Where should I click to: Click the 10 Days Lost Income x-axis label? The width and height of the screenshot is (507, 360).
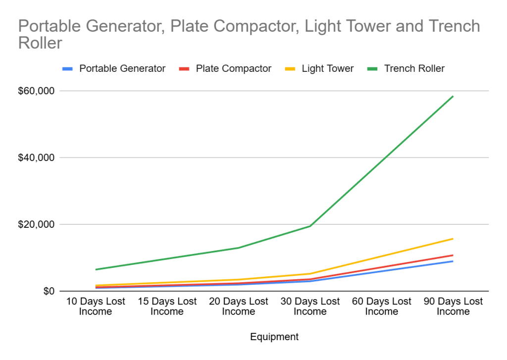click(x=95, y=307)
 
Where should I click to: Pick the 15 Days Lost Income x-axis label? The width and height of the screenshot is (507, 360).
click(x=167, y=307)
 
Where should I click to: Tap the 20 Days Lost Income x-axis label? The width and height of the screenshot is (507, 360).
click(x=238, y=307)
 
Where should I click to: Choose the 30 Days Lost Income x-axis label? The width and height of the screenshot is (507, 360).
click(x=310, y=307)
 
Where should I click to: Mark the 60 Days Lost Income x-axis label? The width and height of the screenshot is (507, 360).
click(x=381, y=307)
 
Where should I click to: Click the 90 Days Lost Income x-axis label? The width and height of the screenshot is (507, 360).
click(x=453, y=307)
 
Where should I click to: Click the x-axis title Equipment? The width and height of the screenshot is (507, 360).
click(x=274, y=337)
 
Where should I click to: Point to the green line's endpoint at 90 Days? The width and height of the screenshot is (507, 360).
click(x=453, y=97)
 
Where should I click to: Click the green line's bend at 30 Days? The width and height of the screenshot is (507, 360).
click(x=310, y=226)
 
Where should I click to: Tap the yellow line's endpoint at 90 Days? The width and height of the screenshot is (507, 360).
click(x=453, y=239)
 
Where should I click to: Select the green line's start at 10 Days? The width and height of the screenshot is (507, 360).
click(x=96, y=269)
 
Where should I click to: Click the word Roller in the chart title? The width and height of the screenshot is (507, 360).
click(x=40, y=43)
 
